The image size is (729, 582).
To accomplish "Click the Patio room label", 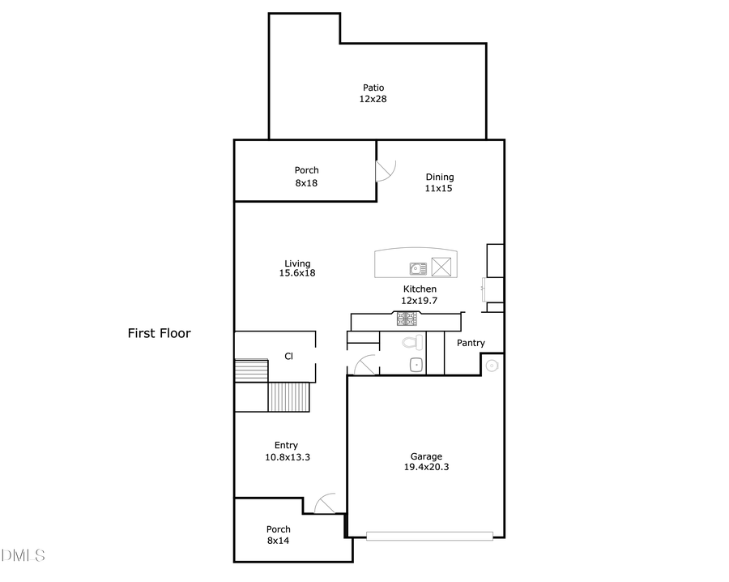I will click(373, 88).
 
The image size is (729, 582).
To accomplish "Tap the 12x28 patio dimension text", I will click(373, 99).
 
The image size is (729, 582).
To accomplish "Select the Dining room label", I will click(440, 177).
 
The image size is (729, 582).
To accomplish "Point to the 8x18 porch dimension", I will click(306, 183).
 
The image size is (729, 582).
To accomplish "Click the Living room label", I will click(297, 263).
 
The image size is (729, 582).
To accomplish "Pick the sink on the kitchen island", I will click(418, 267).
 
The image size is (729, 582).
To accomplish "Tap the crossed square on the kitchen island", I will click(441, 267).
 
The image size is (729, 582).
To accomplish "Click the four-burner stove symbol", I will click(407, 319).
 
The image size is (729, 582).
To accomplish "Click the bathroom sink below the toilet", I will click(416, 365).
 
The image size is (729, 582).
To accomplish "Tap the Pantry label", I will click(471, 343).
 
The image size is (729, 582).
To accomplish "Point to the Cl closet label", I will click(288, 356).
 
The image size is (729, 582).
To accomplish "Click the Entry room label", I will click(286, 445).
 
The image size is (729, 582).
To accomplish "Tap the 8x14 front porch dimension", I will click(278, 540).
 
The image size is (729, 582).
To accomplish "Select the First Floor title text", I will click(159, 333).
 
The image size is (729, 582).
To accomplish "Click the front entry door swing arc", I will click(326, 503).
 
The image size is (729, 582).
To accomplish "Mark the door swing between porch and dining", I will click(386, 171).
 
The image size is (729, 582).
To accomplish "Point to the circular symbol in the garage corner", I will click(491, 366).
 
